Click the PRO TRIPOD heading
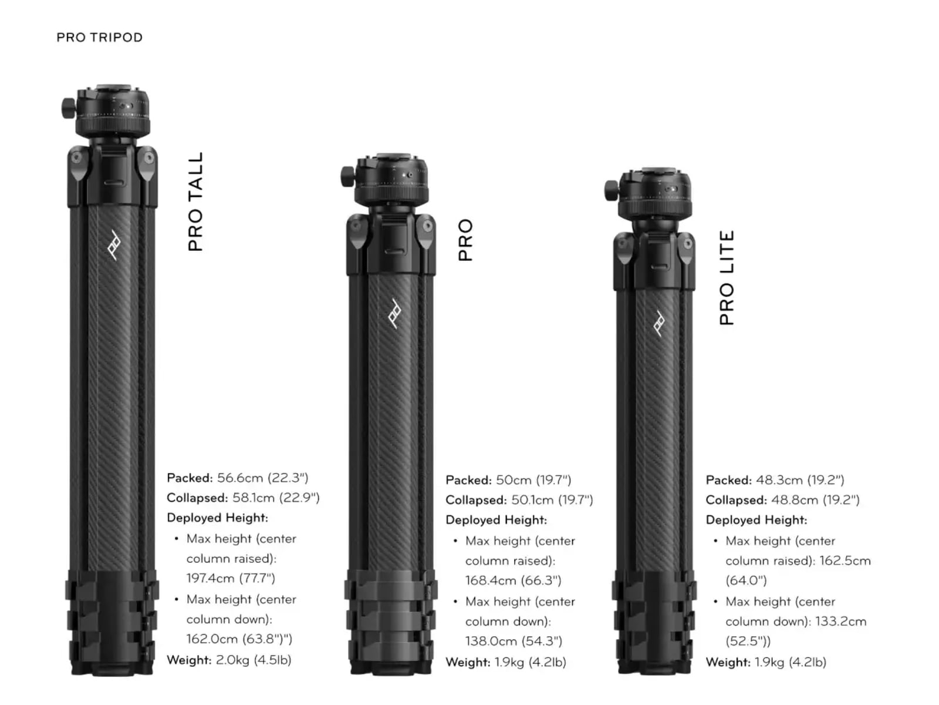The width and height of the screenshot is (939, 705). coord(99,38)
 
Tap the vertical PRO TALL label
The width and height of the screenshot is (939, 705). coord(195,202)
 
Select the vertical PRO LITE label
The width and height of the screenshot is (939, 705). coord(727,278)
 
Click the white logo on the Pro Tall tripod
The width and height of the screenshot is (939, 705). coord(114,245)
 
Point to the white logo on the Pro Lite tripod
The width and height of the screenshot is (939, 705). coord(659,323)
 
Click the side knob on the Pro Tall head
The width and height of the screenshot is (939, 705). coord(68,108)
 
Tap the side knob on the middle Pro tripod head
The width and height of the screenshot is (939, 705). coord(347,176)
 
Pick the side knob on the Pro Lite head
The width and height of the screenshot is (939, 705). coord(612,190)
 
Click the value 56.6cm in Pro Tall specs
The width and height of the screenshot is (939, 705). coord(240,478)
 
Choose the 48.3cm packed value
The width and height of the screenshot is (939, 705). coord(779,480)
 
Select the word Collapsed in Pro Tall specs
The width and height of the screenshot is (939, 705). coord(197,498)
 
